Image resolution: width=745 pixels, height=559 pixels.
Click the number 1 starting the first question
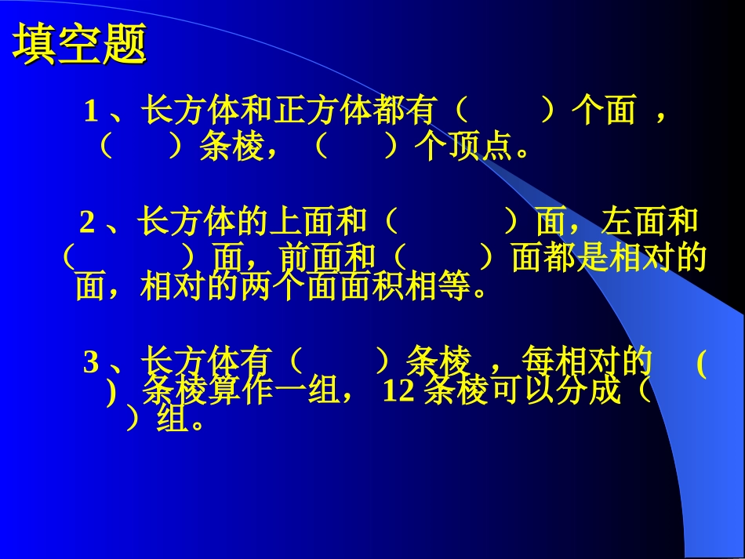(91, 113)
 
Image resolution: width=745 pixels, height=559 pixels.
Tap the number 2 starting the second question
(87, 224)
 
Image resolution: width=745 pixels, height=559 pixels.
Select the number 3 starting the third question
(91, 363)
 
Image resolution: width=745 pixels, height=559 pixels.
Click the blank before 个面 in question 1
(505, 112)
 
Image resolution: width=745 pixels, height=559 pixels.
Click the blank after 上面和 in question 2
(452, 223)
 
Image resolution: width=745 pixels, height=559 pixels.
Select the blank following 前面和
(443, 257)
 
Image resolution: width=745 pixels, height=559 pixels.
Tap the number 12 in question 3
(399, 391)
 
